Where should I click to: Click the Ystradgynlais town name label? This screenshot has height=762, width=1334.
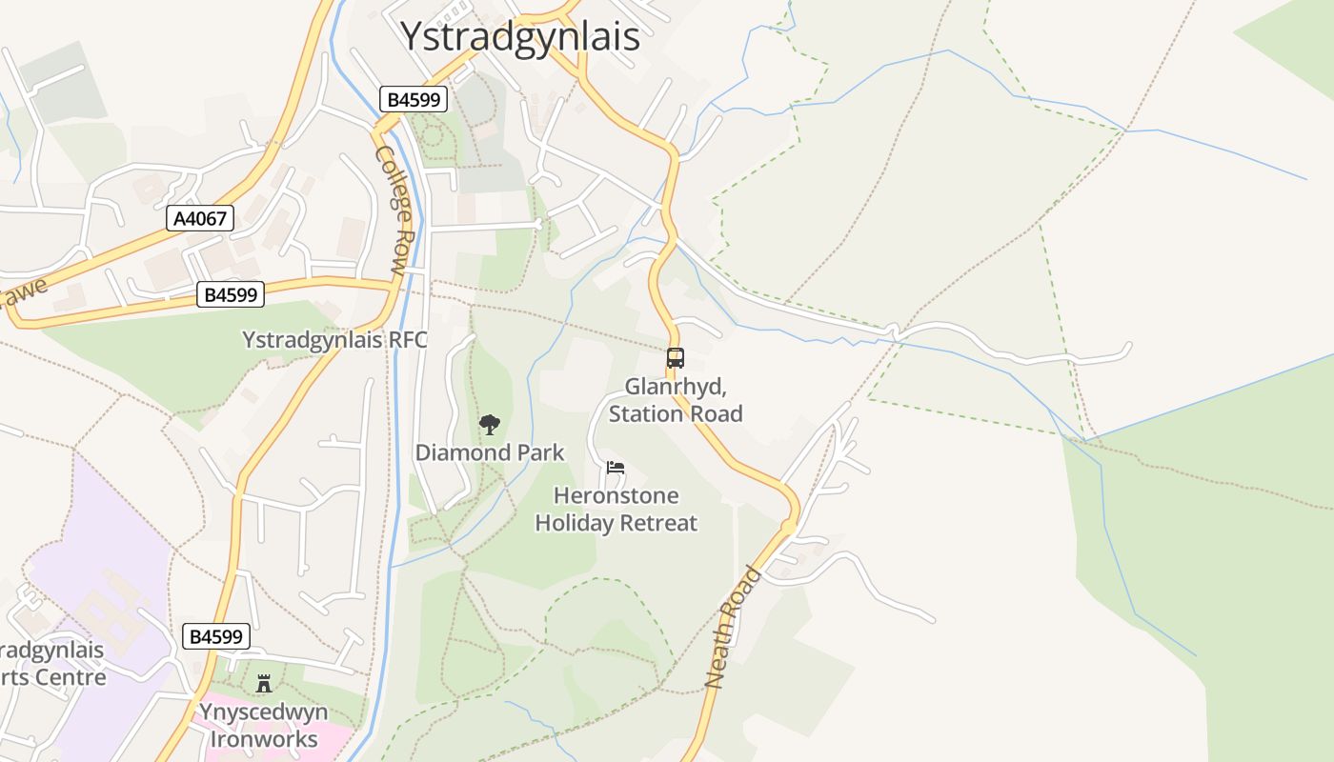(x=519, y=37)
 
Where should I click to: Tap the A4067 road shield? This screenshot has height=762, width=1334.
(x=200, y=218)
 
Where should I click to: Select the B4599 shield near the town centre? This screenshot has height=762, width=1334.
(x=414, y=99)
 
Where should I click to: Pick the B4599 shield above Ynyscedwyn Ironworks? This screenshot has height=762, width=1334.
(x=216, y=636)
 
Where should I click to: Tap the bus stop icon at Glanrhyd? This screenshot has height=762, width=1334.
(x=675, y=358)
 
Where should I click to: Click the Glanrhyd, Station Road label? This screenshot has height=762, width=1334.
(x=676, y=400)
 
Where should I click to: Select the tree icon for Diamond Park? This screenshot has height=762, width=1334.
(x=489, y=425)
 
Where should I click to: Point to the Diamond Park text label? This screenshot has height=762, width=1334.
(x=490, y=452)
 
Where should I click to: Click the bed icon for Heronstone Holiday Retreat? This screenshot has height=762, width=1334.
(x=616, y=468)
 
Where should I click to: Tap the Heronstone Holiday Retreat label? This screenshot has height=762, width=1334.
(x=616, y=510)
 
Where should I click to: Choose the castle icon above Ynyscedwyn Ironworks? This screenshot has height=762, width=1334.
(x=264, y=683)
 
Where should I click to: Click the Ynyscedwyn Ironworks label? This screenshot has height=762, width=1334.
(x=264, y=726)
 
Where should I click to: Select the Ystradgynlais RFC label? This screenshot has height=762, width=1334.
(x=334, y=340)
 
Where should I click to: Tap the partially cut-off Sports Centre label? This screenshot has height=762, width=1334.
(x=52, y=664)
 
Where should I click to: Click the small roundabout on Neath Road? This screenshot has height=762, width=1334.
(x=788, y=527)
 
